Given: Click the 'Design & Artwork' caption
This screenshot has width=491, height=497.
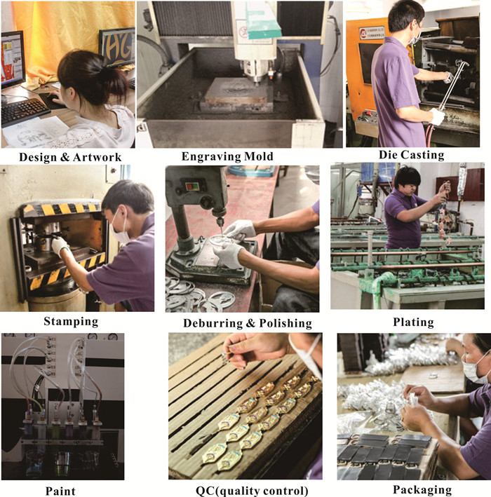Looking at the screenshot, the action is [x=70, y=157].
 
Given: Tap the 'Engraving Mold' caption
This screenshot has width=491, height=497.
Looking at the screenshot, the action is [x=227, y=156].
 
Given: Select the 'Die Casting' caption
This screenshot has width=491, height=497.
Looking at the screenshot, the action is [x=411, y=155].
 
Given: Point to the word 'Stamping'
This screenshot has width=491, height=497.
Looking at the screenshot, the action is [x=71, y=321].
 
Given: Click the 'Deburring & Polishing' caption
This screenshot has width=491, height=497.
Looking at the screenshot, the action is [x=248, y=323].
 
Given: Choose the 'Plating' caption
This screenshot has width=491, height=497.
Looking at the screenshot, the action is [x=414, y=322].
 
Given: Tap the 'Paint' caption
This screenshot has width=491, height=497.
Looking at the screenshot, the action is [x=60, y=491].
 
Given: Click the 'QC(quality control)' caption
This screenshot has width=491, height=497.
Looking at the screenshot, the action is [x=252, y=491].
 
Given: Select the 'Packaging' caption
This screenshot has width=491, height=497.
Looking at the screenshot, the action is [x=422, y=490].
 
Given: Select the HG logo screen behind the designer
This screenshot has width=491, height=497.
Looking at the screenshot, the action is [x=117, y=47].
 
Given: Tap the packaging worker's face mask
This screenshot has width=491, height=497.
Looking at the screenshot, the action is [x=474, y=369].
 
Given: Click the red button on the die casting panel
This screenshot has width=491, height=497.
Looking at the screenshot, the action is [x=368, y=113].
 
